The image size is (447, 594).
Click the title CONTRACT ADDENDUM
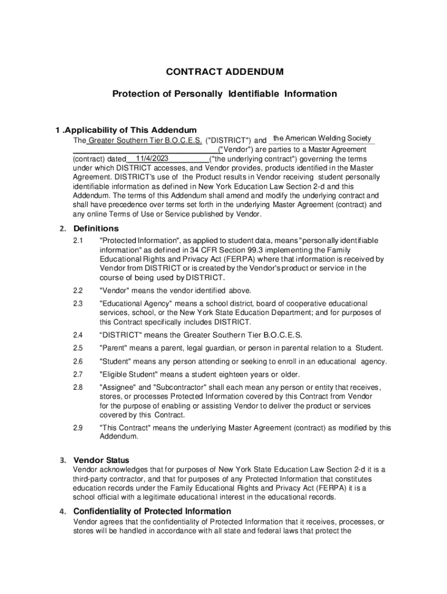pos(225,72)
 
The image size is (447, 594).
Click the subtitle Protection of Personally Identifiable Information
pos(225,93)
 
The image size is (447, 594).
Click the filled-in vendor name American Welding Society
pos(322,138)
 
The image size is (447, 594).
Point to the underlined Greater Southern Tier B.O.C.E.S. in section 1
pos(145,140)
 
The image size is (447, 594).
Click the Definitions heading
pos(96,228)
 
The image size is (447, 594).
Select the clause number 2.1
pos(78,241)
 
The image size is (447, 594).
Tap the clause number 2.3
pos(78,304)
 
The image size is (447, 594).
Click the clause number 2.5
pos(78,348)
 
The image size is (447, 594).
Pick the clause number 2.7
pos(78,374)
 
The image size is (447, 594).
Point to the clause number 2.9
pos(78,428)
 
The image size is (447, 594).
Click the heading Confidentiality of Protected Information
pos(152,511)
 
